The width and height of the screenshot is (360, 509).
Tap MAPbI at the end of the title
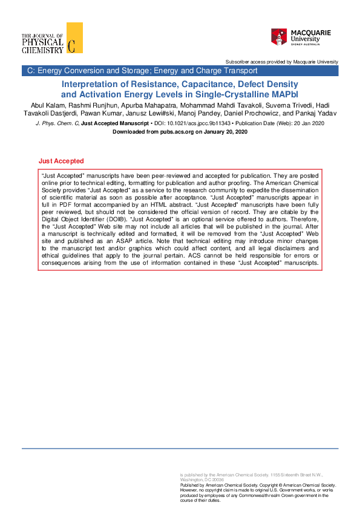(287, 94)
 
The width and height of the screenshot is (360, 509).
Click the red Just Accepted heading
(61, 161)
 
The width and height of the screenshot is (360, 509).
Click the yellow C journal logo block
(74, 37)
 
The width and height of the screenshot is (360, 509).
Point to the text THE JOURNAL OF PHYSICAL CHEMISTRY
(42, 43)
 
